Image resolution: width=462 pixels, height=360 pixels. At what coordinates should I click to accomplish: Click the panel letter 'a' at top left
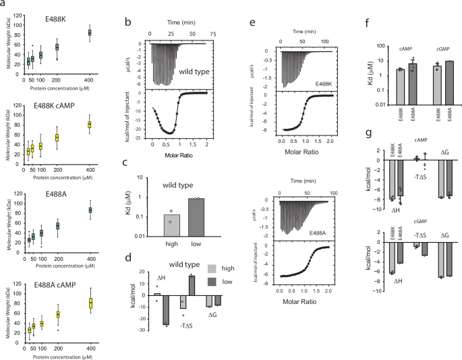[x=4, y=5]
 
